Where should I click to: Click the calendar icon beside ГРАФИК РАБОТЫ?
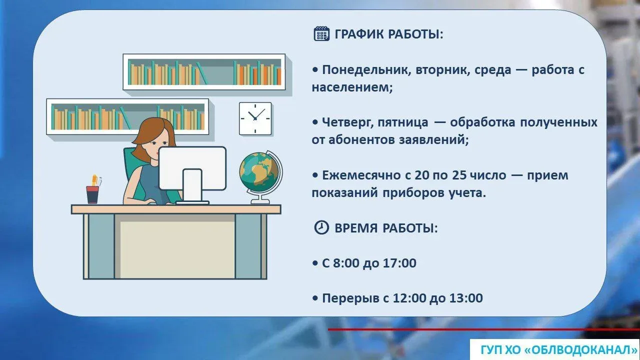(321, 33)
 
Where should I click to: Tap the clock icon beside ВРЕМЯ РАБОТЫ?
(321, 227)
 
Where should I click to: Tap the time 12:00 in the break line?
(409, 298)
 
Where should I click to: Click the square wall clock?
(255, 118)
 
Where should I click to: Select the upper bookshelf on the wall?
(204, 72)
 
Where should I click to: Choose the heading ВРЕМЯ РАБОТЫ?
(386, 228)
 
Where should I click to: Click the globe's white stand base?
(260, 201)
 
